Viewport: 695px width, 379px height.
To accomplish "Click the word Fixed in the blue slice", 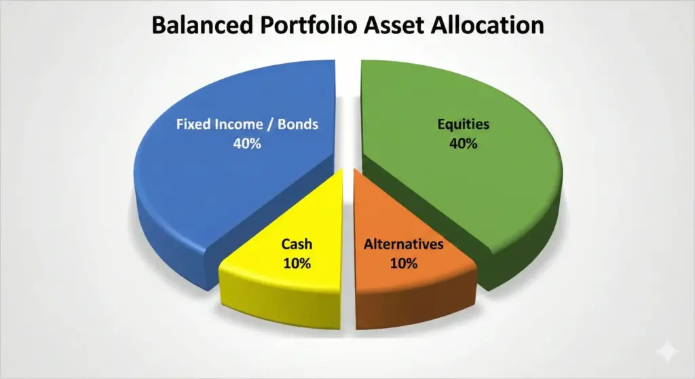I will click(x=191, y=125).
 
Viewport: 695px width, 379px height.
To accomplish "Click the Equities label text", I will click(x=463, y=125).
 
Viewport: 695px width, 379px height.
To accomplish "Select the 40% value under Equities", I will click(x=463, y=144).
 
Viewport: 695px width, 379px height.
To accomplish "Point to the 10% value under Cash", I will click(x=297, y=264).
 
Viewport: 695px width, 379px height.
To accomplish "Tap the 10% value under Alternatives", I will click(x=404, y=264).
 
